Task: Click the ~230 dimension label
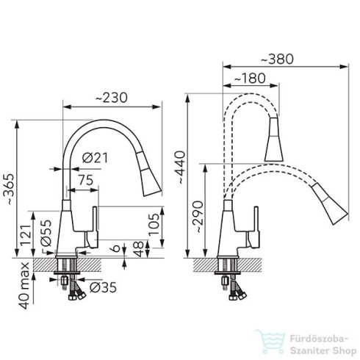point(112,98)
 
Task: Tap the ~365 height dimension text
point(10,190)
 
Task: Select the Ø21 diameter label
point(95,158)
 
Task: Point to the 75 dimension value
point(86,180)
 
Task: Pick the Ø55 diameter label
point(46,233)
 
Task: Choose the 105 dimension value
point(154,224)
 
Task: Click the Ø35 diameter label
point(103,287)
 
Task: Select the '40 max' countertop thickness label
point(25,286)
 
